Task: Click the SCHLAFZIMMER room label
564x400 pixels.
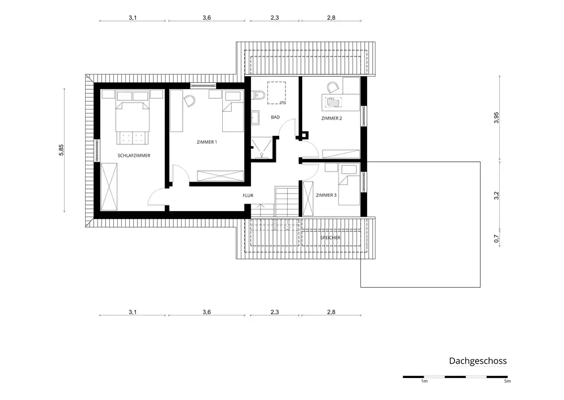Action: point(134,156)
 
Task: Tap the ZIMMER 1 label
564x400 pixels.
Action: point(207,142)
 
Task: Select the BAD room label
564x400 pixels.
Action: point(275,117)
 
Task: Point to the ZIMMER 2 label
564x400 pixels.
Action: point(332,118)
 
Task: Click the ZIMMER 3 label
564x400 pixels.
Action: point(326,195)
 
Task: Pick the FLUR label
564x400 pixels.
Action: point(248,196)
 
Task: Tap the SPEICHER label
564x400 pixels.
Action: point(330,238)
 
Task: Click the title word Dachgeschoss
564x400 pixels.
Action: point(478,361)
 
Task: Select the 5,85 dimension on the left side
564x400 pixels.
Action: point(61,150)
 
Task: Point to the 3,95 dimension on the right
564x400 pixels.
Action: point(496,118)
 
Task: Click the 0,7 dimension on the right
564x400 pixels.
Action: point(496,239)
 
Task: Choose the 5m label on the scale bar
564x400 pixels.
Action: point(507,381)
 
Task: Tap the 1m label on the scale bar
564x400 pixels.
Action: point(425,381)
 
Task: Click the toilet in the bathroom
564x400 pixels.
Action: point(258,95)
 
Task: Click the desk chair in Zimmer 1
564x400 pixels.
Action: point(189,101)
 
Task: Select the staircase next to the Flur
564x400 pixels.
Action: point(287,201)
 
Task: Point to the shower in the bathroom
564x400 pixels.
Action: point(262,148)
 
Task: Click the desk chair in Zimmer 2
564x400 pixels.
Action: point(333,87)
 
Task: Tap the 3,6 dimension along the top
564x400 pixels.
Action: point(206,17)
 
